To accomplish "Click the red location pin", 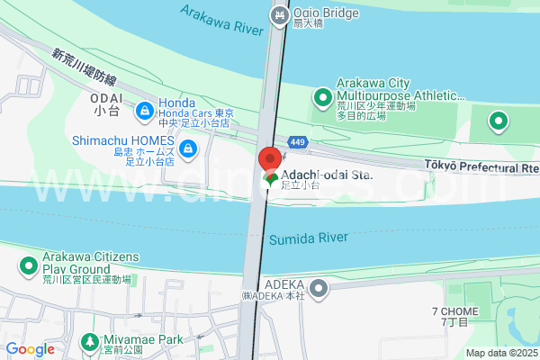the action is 268,160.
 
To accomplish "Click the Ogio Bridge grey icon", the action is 281,15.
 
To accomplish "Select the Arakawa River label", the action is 221,18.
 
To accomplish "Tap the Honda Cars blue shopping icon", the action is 144,112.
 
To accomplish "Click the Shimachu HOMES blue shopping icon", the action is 188,148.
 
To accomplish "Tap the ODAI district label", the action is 105,102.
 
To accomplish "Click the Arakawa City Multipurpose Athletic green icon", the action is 323,96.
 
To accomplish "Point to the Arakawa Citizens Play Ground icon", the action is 29,265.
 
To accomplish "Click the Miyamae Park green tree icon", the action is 90,341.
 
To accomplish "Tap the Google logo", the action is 30,349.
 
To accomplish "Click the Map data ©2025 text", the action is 501,353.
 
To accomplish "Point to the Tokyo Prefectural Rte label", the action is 481,167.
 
